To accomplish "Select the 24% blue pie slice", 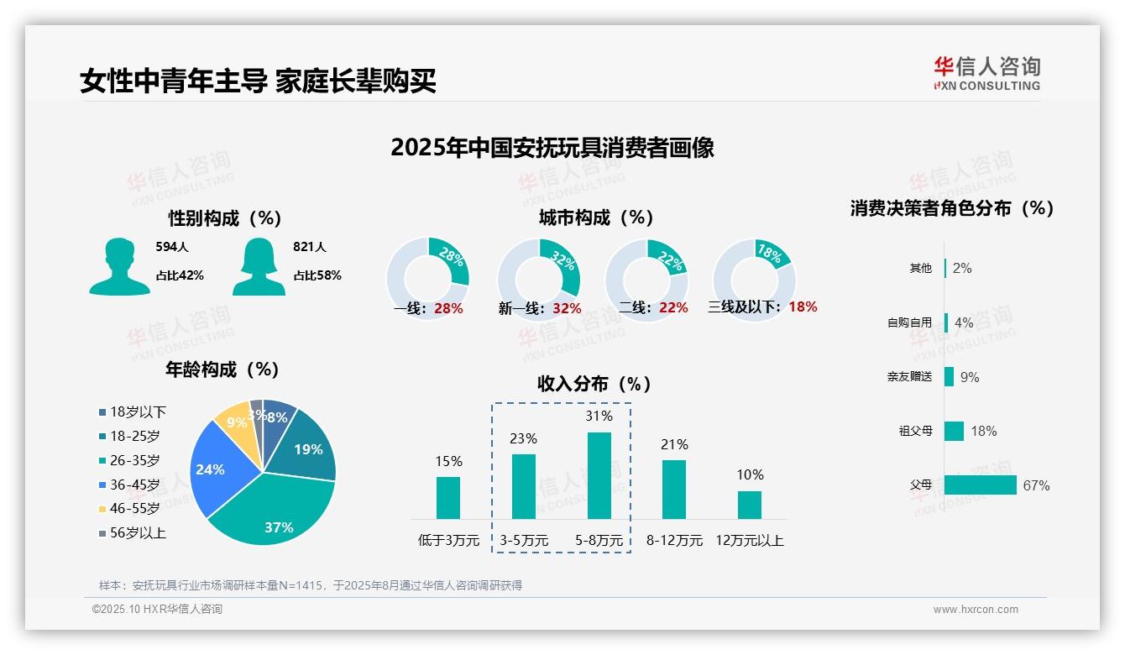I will [x=214, y=470].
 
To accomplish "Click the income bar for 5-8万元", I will [x=599, y=475].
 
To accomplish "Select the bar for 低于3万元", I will [x=448, y=498].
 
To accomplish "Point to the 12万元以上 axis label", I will [x=749, y=541].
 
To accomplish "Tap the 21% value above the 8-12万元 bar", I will [x=674, y=444].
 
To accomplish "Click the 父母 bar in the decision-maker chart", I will [x=980, y=485].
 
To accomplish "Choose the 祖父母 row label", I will [x=915, y=431].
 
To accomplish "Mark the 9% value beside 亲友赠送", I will [x=970, y=377].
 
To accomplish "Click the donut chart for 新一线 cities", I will [x=539, y=280].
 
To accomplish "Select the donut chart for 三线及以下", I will [x=754, y=280].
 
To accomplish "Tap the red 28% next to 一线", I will [x=449, y=308].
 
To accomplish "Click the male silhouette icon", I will [x=119, y=267].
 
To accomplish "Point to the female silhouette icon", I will [x=259, y=267].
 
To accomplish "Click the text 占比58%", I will [x=317, y=275].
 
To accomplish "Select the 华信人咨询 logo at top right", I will [x=987, y=74].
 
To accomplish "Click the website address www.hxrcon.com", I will [x=976, y=610].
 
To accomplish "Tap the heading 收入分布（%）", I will [x=595, y=385].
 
